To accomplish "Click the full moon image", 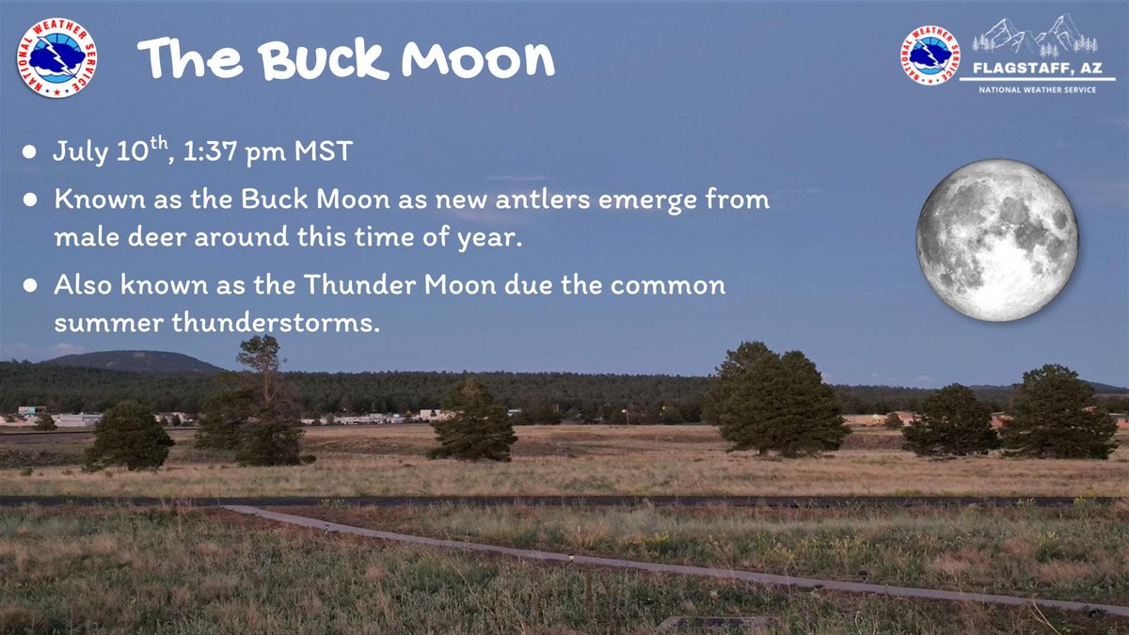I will (997, 240).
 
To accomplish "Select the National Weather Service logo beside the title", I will (56, 58).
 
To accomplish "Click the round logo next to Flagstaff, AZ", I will (930, 55).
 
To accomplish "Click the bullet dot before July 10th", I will (32, 152).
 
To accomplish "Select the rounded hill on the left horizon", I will (141, 360).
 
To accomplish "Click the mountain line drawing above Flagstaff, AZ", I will (1035, 36).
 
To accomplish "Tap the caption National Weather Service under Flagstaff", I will (1036, 89).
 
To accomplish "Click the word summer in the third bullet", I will (106, 324).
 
